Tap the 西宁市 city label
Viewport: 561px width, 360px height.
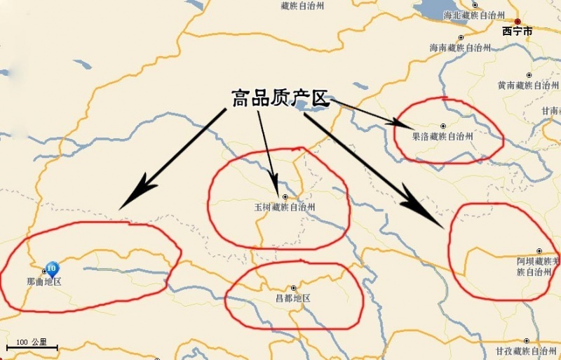pos(518,32)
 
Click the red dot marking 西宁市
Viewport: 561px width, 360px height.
pos(518,21)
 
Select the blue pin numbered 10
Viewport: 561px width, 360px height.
pos(51,268)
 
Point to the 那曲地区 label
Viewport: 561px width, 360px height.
pos(44,282)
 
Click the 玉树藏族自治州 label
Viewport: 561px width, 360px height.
pos(285,208)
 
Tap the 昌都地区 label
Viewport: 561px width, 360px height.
pos(293,298)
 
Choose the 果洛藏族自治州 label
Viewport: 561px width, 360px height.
pos(442,136)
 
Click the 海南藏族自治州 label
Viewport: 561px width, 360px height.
pos(461,48)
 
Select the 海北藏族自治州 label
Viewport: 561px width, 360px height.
pos(475,15)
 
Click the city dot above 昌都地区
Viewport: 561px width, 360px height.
pos(293,288)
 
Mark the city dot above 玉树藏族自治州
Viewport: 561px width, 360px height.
pos(285,196)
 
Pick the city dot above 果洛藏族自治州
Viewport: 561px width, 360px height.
pos(442,126)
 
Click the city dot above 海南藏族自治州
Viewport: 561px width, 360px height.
pos(461,38)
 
